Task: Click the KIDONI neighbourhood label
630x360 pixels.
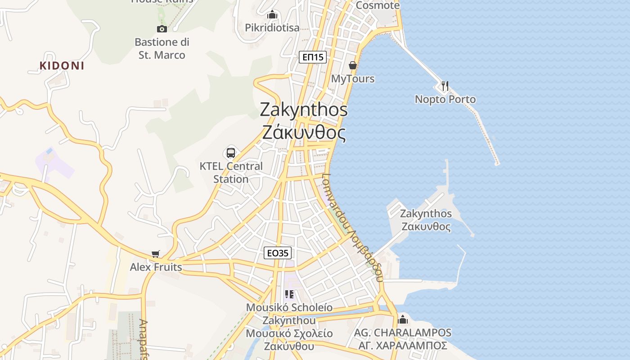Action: (62, 66)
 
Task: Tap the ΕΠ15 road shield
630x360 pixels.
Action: (313, 57)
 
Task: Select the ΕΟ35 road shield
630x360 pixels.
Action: (277, 253)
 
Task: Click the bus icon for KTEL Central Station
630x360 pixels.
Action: (231, 153)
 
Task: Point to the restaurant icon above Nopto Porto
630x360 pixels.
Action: (445, 85)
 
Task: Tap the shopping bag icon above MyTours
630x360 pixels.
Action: (353, 66)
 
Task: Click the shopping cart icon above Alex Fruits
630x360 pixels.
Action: (156, 254)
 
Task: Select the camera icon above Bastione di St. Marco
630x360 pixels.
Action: (162, 29)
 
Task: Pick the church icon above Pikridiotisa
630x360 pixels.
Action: (272, 15)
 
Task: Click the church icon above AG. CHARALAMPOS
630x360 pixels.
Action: (403, 319)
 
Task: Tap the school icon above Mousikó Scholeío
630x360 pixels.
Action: (289, 295)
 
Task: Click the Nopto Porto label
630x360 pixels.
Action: (445, 99)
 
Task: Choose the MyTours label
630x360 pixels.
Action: (353, 79)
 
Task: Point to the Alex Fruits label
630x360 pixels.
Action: (156, 267)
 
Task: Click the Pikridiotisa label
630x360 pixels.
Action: (272, 28)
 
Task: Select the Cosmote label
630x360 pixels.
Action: (377, 5)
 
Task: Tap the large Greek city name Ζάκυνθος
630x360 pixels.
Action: (304, 133)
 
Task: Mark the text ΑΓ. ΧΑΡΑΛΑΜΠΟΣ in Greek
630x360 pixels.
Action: (403, 346)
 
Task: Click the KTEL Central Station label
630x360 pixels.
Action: (231, 172)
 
